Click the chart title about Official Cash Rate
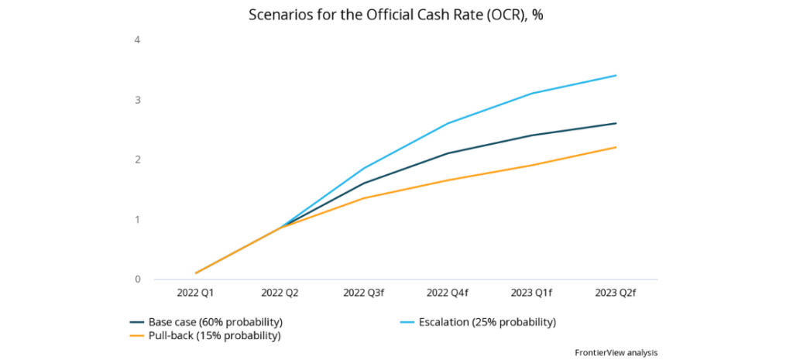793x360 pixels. pyautogui.click(x=396, y=15)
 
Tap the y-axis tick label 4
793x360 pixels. pyautogui.click(x=137, y=39)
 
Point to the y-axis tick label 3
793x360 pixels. pyautogui.click(x=137, y=100)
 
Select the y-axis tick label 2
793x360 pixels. pyautogui.click(x=137, y=159)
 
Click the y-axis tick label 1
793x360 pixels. pyautogui.click(x=137, y=219)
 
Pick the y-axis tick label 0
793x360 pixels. pyautogui.click(x=137, y=279)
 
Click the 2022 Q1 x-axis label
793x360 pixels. pyautogui.click(x=197, y=293)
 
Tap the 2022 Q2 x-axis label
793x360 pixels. pyautogui.click(x=280, y=293)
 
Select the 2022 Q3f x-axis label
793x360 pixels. pyautogui.click(x=364, y=293)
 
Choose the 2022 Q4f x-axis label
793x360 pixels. pyautogui.click(x=448, y=293)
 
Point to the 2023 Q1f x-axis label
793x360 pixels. pyautogui.click(x=532, y=293)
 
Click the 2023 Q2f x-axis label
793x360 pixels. pyautogui.click(x=616, y=293)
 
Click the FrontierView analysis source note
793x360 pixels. pyautogui.click(x=616, y=352)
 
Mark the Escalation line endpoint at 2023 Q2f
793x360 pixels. pyautogui.click(x=616, y=75)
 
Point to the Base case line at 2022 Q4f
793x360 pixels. pyautogui.click(x=448, y=153)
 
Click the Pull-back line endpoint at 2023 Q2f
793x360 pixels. pyautogui.click(x=616, y=147)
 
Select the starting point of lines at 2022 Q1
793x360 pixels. pyautogui.click(x=197, y=273)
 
